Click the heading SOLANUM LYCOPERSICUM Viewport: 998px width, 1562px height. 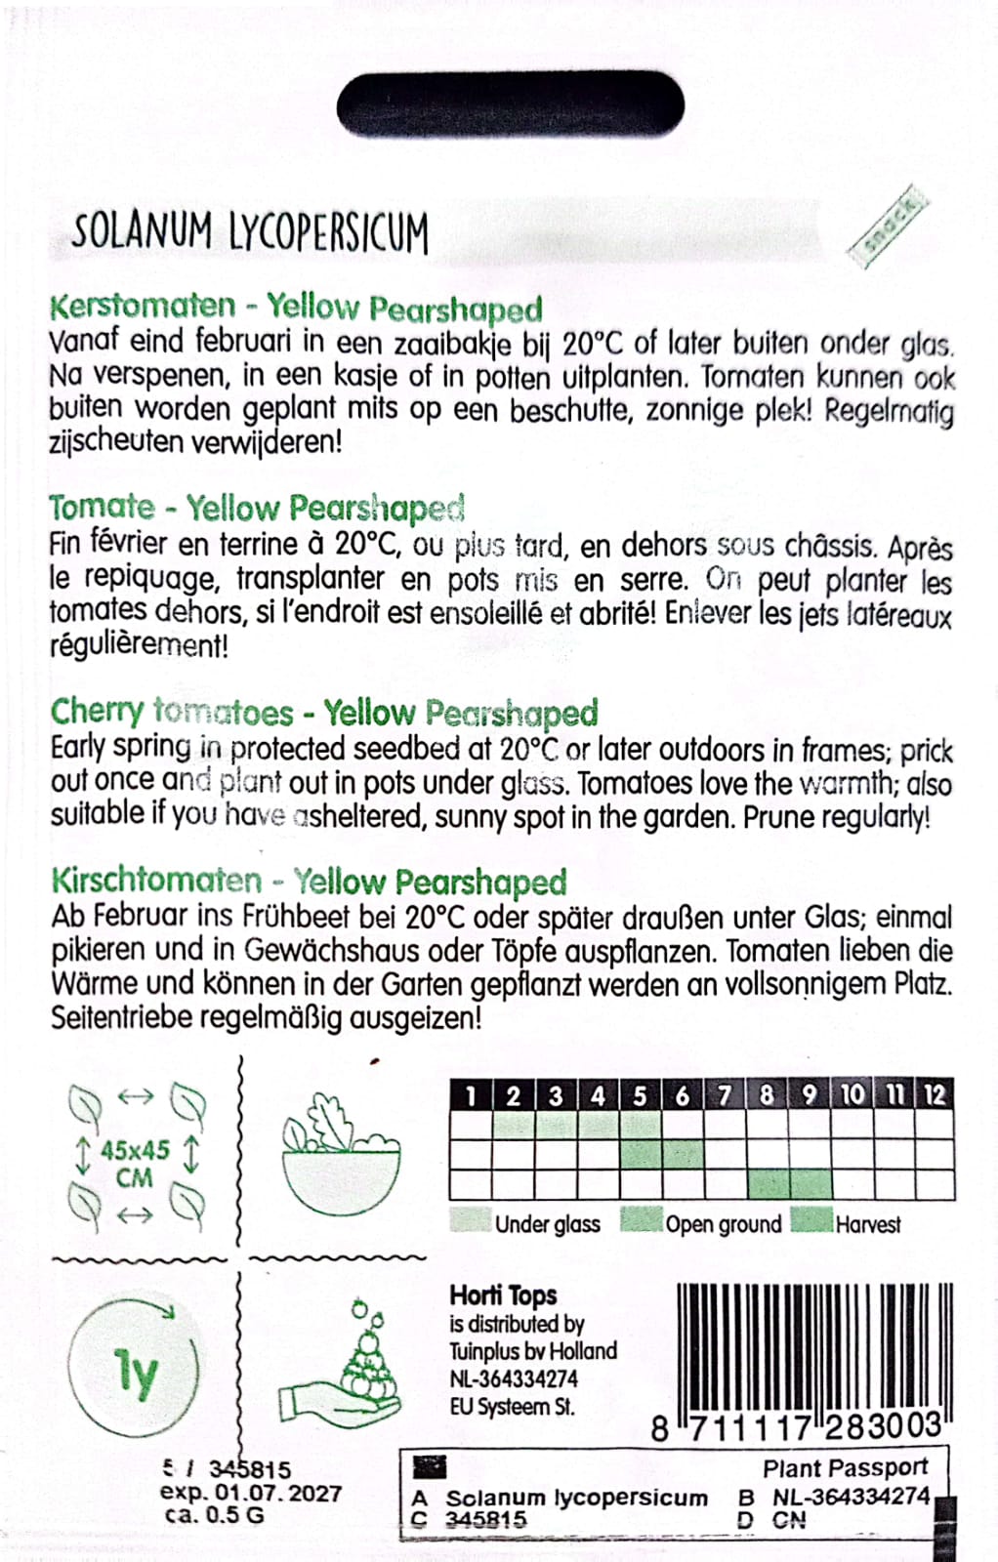(250, 233)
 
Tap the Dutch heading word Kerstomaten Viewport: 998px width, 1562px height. (143, 306)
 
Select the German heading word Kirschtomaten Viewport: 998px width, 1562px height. (156, 881)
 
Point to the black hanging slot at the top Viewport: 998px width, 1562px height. (510, 104)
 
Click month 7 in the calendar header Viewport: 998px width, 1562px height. (725, 1095)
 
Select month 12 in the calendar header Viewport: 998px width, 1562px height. (936, 1095)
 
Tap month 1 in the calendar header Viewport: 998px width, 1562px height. (471, 1095)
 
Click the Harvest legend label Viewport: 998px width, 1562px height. (867, 1224)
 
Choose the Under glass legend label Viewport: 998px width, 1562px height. (547, 1224)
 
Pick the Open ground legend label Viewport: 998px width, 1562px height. (723, 1224)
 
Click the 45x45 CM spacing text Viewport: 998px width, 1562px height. (135, 1163)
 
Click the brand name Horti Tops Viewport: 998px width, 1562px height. (503, 1295)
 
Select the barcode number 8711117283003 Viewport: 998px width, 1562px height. (797, 1427)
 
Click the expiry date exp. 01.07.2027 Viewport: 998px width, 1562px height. (251, 1493)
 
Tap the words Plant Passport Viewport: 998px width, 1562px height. (845, 1468)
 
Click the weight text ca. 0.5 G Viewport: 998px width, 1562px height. (214, 1515)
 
